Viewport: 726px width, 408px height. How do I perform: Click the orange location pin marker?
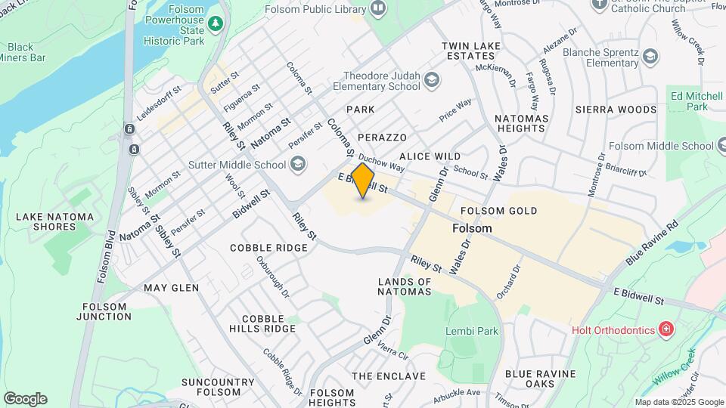pos(363,181)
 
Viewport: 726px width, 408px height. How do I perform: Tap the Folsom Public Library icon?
pos(378,8)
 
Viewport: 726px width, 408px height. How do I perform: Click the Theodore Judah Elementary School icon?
pos(431,79)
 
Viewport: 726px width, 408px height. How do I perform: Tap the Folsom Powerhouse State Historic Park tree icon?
pos(216,23)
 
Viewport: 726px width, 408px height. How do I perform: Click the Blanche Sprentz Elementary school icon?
pos(650,56)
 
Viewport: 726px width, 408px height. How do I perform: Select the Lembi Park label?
pos(472,331)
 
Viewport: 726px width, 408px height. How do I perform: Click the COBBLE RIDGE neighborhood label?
pos(268,248)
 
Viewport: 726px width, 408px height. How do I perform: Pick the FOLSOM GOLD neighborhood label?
pos(498,211)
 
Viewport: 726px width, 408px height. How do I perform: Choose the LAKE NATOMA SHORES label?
pos(54,222)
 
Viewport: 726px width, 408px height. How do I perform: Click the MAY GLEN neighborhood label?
pos(171,288)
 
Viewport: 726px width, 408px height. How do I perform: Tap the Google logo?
pos(25,399)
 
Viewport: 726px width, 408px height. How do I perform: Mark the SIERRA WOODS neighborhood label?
pos(616,110)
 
